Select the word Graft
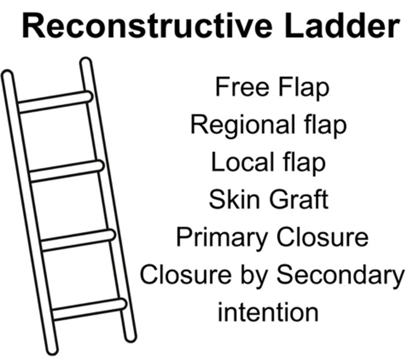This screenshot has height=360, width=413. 298,200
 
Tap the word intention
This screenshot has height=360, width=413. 268,311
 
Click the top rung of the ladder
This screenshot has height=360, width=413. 55,102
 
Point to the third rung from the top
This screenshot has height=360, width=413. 78,240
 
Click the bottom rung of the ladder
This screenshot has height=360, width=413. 89,309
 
